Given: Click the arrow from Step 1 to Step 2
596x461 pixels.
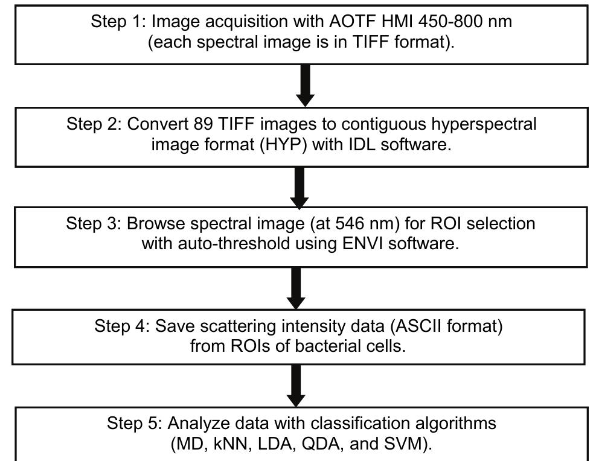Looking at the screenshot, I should point(306,86).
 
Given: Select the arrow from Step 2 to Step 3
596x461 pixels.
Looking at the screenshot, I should point(300,187).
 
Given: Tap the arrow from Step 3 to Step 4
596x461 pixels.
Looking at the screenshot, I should point(296,288).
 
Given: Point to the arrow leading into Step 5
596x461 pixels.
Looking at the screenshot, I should point(296,386).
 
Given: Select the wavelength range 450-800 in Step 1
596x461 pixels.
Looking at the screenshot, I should point(437,22).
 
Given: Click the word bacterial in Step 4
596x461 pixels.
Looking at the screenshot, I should point(321,347).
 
